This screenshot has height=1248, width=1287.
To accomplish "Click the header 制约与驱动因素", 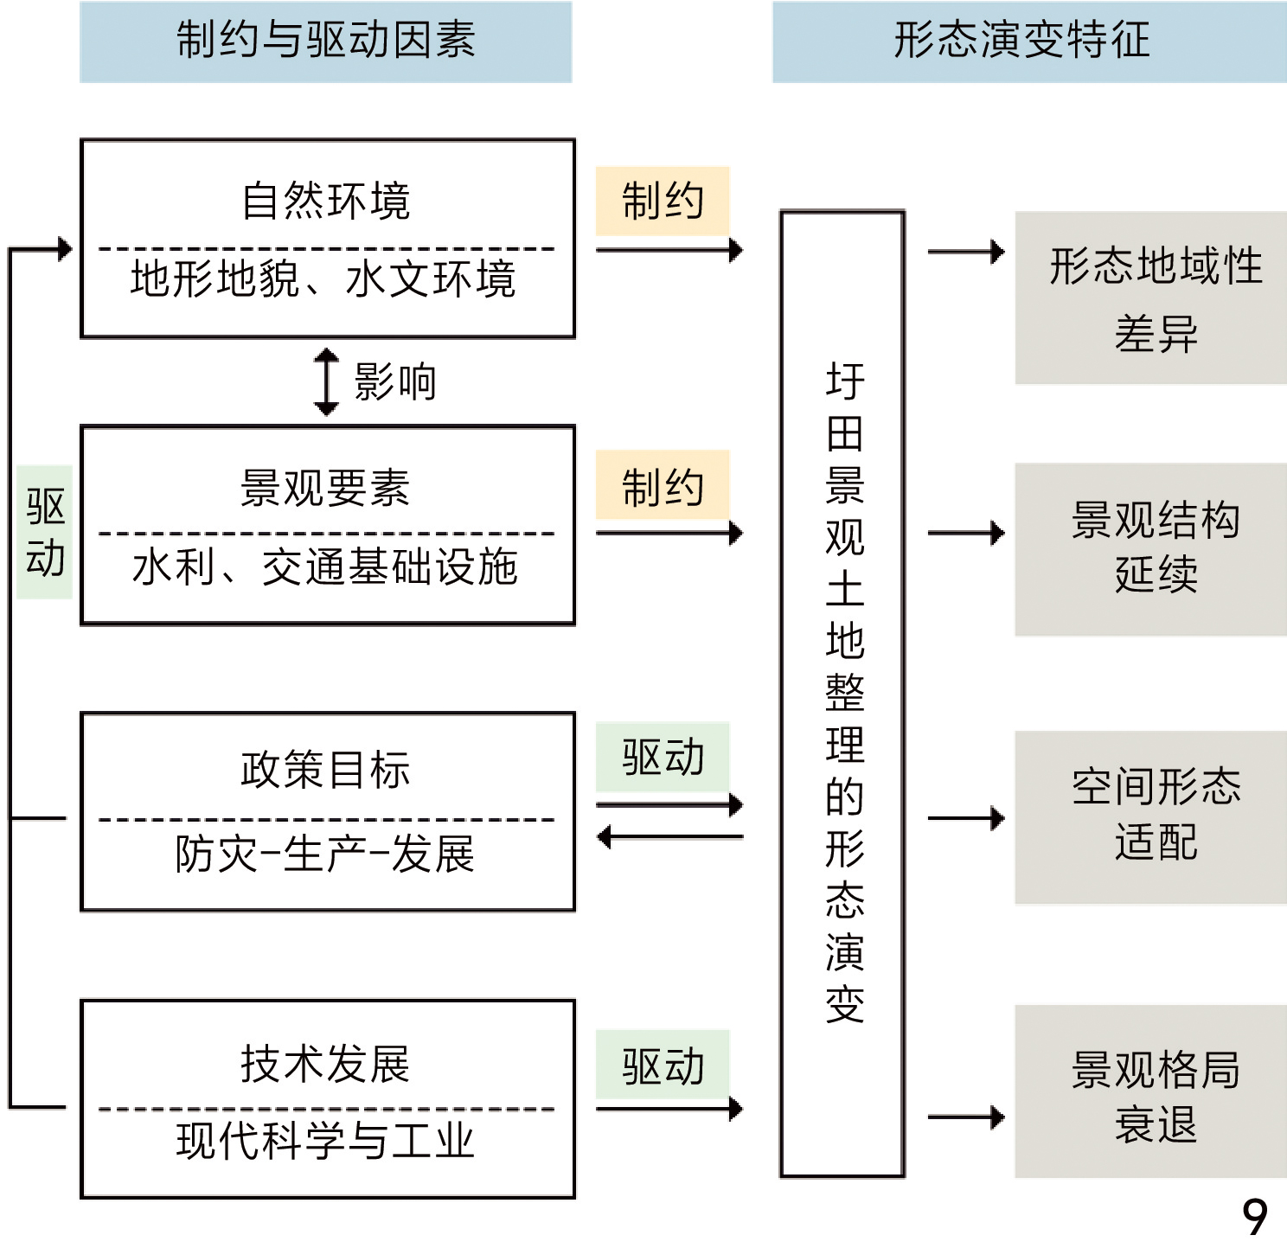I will tap(326, 42).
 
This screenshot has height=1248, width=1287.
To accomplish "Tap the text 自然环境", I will tap(326, 202).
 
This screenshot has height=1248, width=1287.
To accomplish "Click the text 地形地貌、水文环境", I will tap(323, 279).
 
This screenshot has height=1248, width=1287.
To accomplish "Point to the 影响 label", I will tap(395, 381).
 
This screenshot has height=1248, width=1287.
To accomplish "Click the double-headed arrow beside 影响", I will tap(326, 381).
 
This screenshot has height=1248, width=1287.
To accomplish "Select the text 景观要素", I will tap(325, 489).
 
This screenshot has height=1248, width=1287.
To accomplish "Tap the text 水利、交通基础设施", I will tap(325, 567).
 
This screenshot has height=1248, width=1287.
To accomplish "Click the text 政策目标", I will tap(325, 770).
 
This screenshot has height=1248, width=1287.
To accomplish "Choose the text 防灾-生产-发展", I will tap(325, 854).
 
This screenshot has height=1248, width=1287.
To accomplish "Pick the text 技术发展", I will tap(325, 1064).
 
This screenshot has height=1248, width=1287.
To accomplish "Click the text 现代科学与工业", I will tap(325, 1141).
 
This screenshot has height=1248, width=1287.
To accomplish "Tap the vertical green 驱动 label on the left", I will tap(45, 532).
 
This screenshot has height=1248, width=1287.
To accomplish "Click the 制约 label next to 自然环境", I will tap(663, 202).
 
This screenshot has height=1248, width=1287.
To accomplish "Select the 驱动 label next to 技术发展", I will tap(663, 1066).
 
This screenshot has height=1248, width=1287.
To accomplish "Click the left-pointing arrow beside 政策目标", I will tap(669, 837).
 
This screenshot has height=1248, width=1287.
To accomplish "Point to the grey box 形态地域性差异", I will tap(1151, 298).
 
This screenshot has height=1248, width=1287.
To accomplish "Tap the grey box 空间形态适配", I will tap(1151, 817).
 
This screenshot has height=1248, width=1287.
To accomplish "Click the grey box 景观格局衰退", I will tap(1151, 1091).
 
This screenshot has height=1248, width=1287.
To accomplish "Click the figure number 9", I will tap(1255, 1216).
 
